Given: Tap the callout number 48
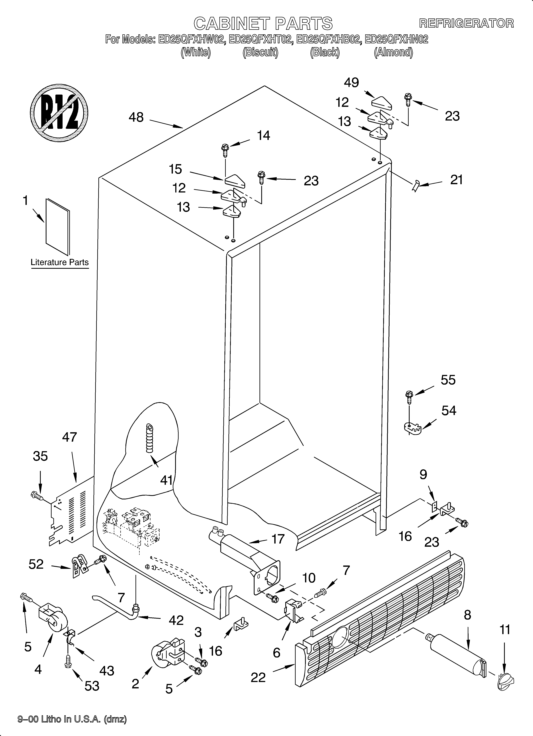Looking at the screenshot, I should (x=136, y=117).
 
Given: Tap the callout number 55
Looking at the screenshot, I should (x=448, y=380).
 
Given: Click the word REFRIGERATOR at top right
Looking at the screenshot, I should (x=466, y=23).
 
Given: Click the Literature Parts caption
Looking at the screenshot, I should (x=60, y=262).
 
